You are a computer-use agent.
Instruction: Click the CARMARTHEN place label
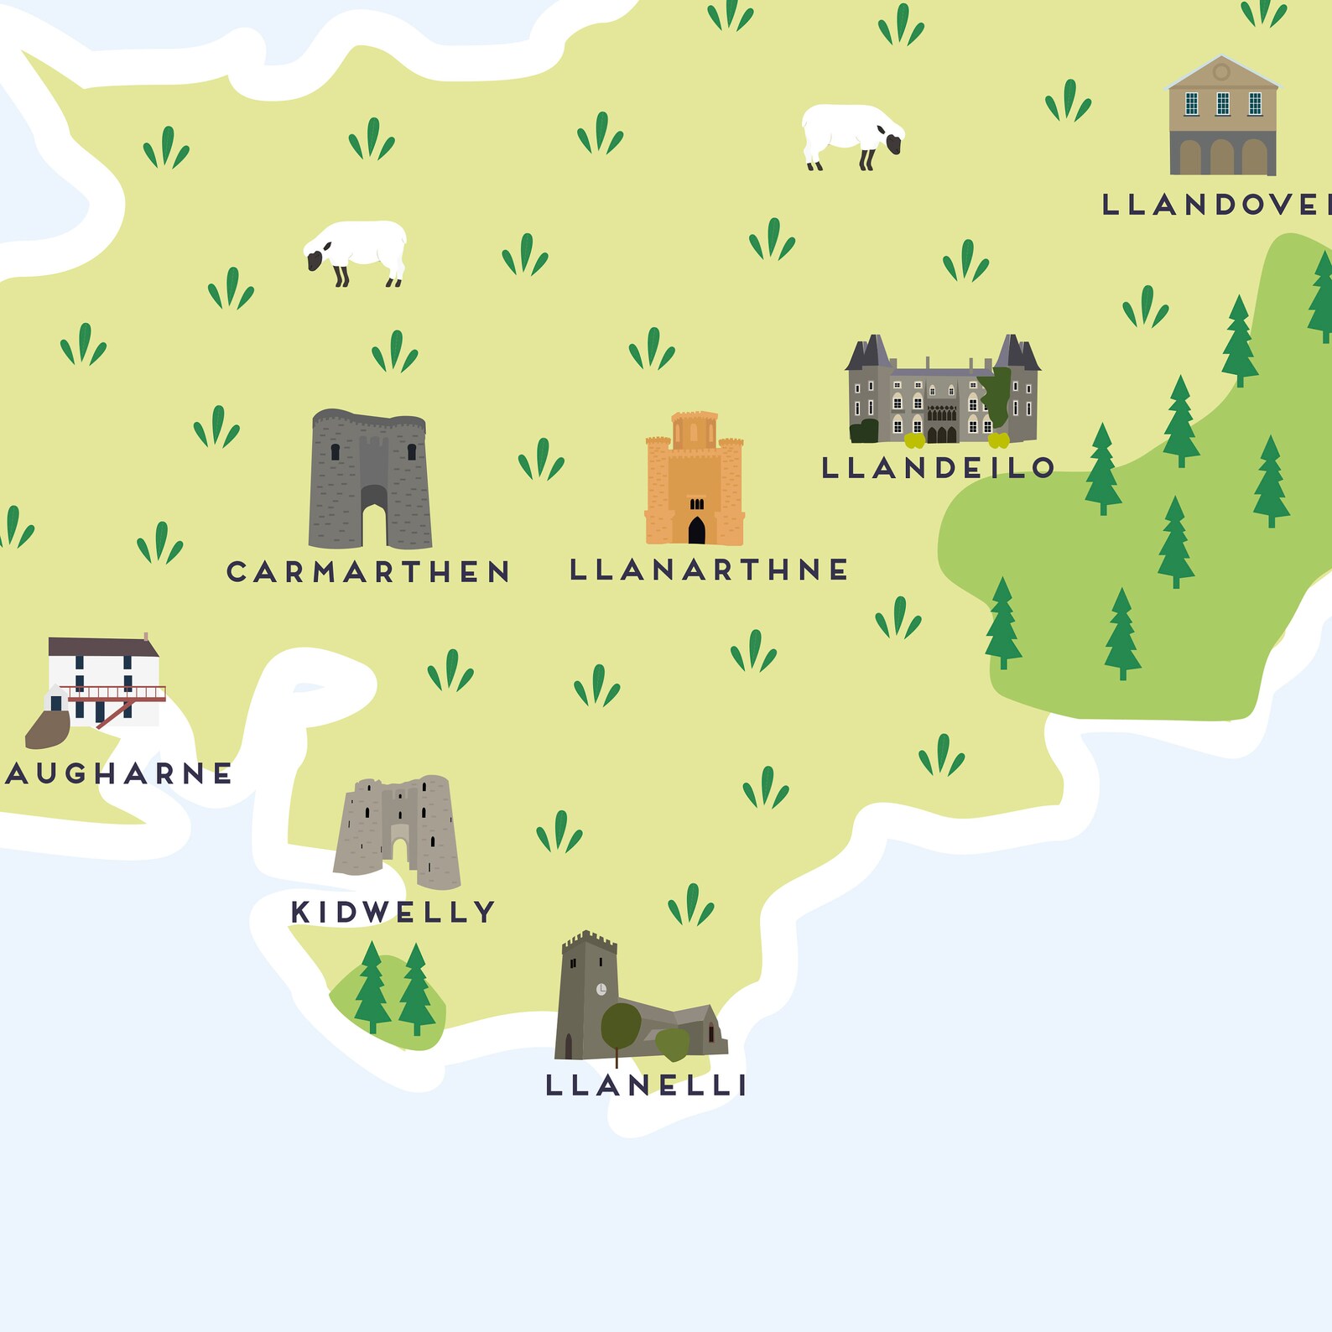click(368, 572)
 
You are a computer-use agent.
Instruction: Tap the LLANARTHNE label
click(709, 570)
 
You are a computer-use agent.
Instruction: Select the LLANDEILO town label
click(938, 468)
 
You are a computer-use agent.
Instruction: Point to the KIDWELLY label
click(393, 912)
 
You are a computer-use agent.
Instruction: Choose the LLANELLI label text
click(646, 1085)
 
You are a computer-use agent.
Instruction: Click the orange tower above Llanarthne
click(695, 478)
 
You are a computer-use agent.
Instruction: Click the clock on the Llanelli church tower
click(601, 990)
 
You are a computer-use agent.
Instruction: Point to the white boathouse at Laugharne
click(103, 679)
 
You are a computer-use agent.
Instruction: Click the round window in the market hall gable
click(1221, 73)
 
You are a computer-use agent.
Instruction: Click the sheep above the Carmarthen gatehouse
click(356, 250)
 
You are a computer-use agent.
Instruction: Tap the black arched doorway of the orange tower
click(696, 530)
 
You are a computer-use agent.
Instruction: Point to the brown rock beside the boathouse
click(48, 728)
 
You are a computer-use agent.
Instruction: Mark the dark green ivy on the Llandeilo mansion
click(997, 396)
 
